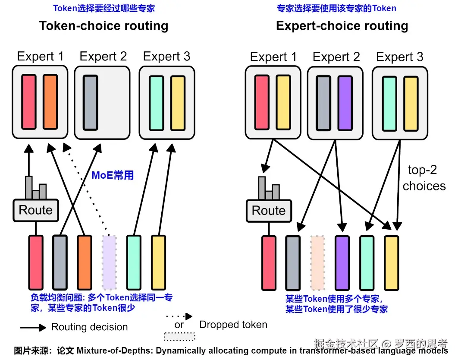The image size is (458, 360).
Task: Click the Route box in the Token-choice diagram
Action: (35, 210)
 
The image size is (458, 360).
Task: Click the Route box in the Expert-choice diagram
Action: (268, 211)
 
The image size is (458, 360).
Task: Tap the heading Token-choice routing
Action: (104, 25)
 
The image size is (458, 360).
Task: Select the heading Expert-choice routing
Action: (342, 25)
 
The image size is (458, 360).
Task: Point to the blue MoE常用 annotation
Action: (113, 175)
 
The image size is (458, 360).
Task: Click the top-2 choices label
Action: (424, 178)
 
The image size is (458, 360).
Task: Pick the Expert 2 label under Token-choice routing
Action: (104, 57)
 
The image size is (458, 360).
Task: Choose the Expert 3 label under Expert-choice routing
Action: (400, 57)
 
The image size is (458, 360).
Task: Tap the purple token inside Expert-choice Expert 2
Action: (345, 103)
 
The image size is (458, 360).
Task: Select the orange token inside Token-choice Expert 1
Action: (50, 102)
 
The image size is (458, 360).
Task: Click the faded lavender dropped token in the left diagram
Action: (109, 262)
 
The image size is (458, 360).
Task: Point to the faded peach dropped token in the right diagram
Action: (317, 262)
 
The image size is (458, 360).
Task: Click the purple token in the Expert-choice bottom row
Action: (342, 262)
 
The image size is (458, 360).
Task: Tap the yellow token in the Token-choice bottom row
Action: (158, 262)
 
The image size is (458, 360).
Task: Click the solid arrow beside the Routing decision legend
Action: (33, 328)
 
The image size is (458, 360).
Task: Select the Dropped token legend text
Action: (233, 325)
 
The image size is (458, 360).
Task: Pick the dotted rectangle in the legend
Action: (179, 336)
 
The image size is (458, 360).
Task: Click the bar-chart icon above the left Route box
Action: (36, 188)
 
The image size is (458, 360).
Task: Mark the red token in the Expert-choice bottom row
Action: (269, 262)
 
